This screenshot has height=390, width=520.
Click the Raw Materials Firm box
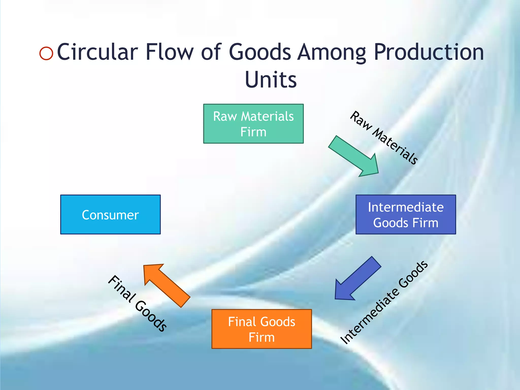point(253,124)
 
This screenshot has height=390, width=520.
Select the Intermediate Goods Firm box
point(405,215)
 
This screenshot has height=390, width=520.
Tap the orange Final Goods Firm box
point(262,329)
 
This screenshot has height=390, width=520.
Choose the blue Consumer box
point(110,215)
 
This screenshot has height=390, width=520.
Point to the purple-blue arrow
point(357,279)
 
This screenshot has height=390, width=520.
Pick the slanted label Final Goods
point(137,303)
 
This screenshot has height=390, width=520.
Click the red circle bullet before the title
point(46,53)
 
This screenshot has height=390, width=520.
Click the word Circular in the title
point(97,52)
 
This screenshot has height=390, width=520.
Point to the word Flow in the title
point(170,52)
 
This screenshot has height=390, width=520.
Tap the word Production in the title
point(429,52)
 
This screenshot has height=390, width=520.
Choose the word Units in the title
point(271,80)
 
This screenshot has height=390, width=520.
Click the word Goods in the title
point(260,52)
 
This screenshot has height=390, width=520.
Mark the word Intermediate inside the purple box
point(406,207)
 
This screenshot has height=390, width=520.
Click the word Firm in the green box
point(253,132)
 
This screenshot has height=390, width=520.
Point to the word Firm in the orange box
point(262,337)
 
